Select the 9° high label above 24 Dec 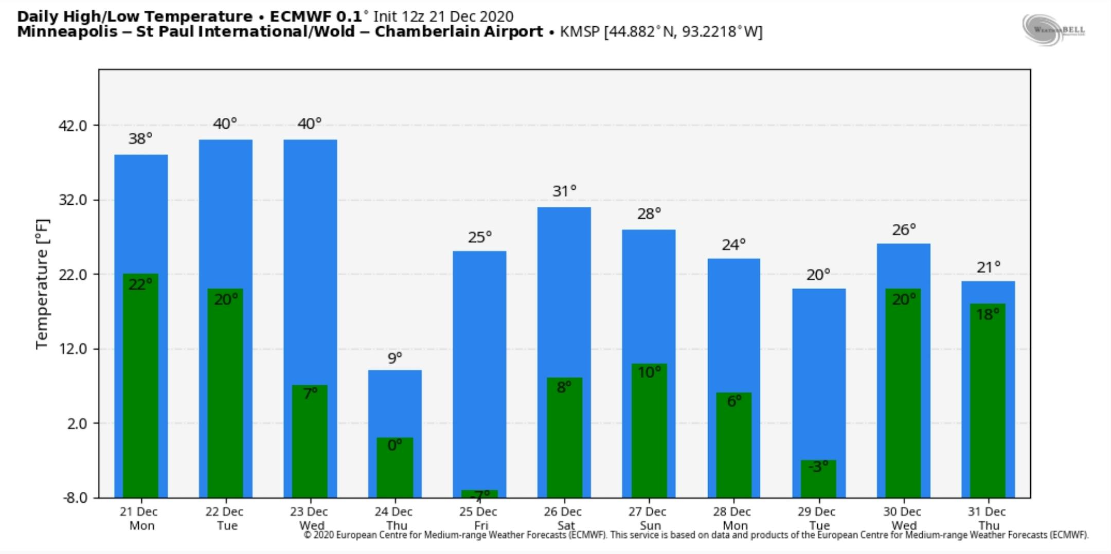395,358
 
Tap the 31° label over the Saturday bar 564,191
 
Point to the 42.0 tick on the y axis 73,126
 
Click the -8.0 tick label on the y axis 75,498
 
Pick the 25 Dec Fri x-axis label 479,518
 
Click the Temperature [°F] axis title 42,284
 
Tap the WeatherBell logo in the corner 1053,30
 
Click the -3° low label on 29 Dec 818,467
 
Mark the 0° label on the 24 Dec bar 395,445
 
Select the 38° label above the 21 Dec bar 140,139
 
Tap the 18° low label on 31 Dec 988,314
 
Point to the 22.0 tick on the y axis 73,275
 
